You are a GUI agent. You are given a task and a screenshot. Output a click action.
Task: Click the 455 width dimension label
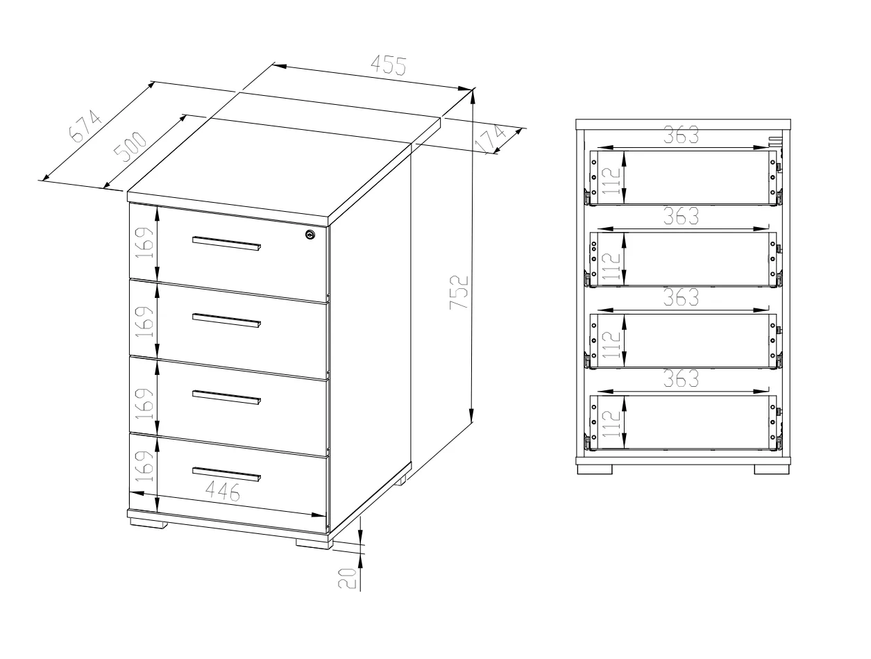point(389,65)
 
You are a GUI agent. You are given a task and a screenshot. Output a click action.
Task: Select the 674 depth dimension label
point(85,126)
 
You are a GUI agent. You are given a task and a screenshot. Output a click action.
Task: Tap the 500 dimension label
point(130,147)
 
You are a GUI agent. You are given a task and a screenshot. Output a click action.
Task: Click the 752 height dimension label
point(459,292)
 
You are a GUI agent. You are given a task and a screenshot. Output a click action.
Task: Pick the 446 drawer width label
point(223,492)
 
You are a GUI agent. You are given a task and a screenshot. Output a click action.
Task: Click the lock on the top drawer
point(310,235)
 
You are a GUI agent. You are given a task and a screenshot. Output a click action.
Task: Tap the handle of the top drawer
point(226,244)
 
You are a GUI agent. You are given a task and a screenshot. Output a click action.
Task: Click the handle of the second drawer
point(226,321)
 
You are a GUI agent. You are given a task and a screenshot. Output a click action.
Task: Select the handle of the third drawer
point(226,398)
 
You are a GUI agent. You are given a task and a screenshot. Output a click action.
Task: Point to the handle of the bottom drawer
point(226,475)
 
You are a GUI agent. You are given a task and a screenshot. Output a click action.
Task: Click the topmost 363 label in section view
point(681,135)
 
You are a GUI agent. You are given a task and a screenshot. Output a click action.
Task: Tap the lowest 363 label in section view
point(681,378)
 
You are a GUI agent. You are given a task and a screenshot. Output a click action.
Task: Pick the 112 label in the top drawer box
point(611,181)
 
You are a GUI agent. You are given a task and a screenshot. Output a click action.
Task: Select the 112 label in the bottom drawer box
point(611,424)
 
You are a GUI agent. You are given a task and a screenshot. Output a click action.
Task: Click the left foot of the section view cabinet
point(594,469)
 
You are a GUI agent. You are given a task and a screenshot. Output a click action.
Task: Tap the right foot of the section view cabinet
point(771,469)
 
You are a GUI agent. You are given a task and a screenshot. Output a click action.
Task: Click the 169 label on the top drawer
point(144,242)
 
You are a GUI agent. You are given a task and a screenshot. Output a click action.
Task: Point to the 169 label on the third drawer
point(144,403)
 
